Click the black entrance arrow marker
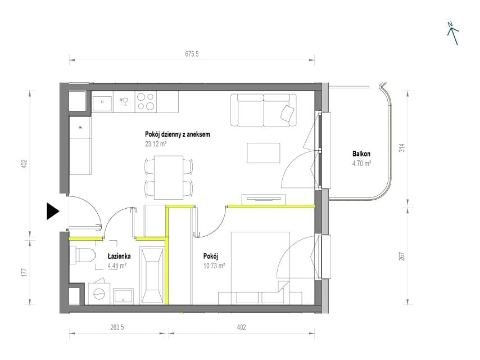tap(52, 211)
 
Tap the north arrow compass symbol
tap(453, 33)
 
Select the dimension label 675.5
tap(192, 54)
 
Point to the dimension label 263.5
tap(117, 327)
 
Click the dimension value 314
tap(402, 148)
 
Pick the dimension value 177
tap(25, 272)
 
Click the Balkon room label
tap(361, 154)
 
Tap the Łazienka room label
tap(119, 256)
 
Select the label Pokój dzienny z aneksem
tap(178, 134)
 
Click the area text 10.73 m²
tap(214, 265)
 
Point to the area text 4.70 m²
tap(361, 163)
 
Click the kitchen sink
tap(102, 102)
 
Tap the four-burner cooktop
tap(146, 101)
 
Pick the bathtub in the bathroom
tap(152, 276)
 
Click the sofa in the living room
tap(264, 110)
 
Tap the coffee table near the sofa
tap(264, 153)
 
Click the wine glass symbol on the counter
tap(124, 101)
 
